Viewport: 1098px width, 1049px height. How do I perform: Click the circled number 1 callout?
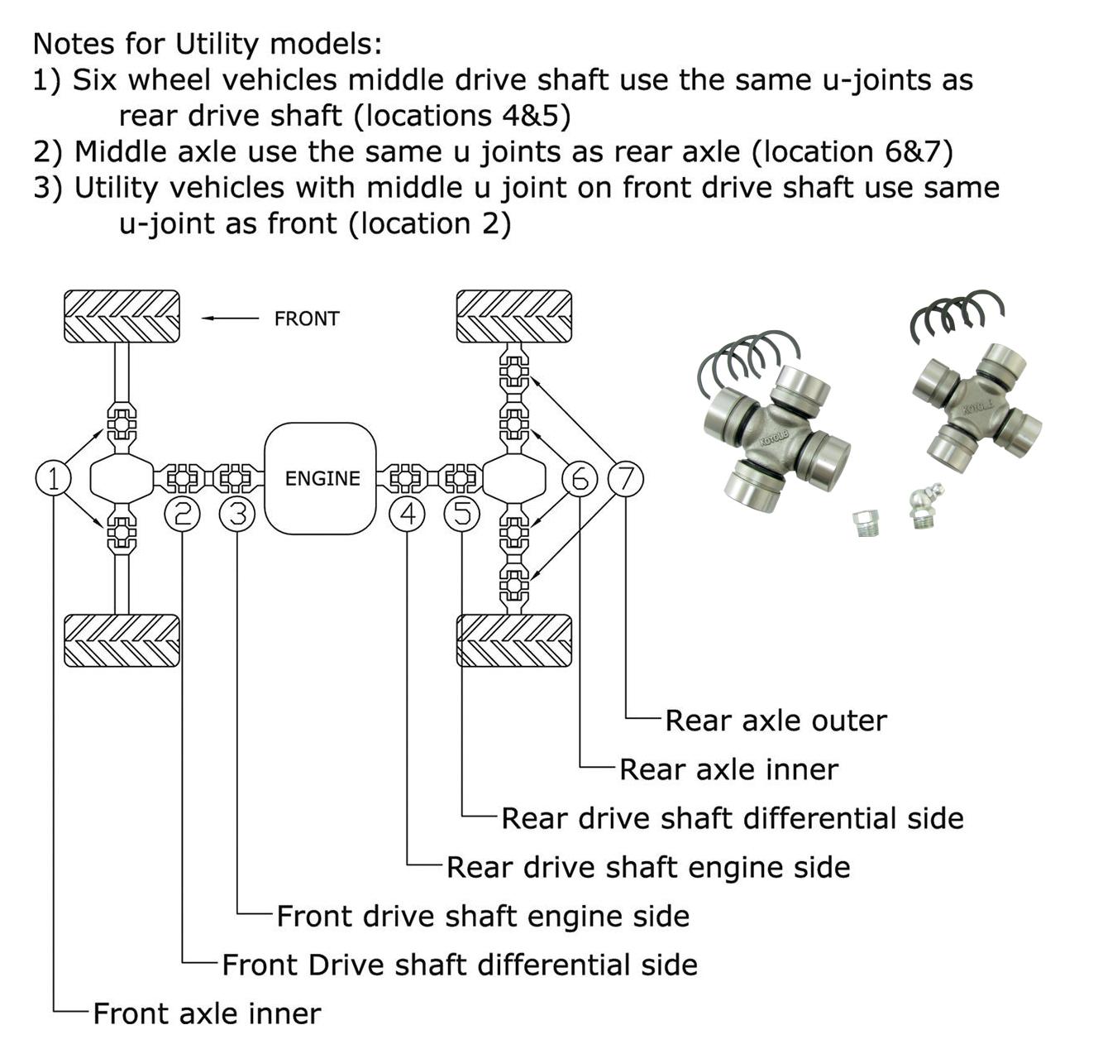coord(53,478)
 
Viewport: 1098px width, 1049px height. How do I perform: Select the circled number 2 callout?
coord(183,515)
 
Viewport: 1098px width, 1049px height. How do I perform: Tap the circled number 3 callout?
coord(237,515)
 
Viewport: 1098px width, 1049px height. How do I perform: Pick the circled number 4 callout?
coord(407,515)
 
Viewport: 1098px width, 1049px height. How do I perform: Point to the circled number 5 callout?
coord(461,515)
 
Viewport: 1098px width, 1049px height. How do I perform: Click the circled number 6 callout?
coord(580,478)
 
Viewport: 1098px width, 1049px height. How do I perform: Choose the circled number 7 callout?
coord(626,478)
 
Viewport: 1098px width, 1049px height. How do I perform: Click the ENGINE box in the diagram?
coord(321,478)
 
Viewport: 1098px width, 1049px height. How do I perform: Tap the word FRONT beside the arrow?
coord(307,319)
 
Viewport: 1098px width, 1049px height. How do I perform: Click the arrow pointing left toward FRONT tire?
coord(230,319)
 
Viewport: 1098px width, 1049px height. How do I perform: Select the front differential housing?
coord(121,478)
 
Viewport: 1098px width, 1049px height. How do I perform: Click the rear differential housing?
coord(513,478)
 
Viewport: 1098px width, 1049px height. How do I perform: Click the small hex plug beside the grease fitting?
coord(866,522)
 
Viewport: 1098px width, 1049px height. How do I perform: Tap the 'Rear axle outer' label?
coord(775,721)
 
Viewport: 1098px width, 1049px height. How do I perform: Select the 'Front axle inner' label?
coord(207,1013)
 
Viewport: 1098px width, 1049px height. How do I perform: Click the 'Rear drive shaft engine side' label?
coord(648,867)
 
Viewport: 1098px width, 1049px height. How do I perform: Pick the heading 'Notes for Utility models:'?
coord(208,43)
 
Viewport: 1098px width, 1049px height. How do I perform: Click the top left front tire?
coord(122,316)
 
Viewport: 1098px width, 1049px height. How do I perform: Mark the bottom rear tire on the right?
coord(513,640)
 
